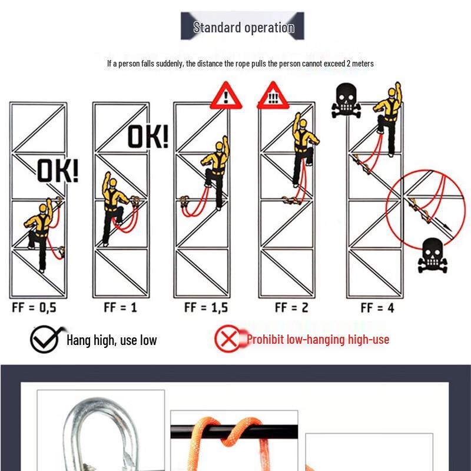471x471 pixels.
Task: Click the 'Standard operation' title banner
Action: click(243, 27)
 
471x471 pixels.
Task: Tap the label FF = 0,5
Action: click(34, 307)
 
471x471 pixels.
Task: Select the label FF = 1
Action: click(120, 307)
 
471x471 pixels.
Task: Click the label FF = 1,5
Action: click(206, 307)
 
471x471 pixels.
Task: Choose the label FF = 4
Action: click(377, 307)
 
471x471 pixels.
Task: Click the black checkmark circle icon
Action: click(45, 340)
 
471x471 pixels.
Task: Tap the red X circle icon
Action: click(228, 339)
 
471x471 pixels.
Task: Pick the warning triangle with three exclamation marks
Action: click(271, 97)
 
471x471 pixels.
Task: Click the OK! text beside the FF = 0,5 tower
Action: click(58, 171)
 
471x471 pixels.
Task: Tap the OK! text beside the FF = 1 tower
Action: click(148, 137)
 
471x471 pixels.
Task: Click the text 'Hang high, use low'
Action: click(111, 340)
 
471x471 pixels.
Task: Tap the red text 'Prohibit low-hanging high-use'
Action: click(318, 339)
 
